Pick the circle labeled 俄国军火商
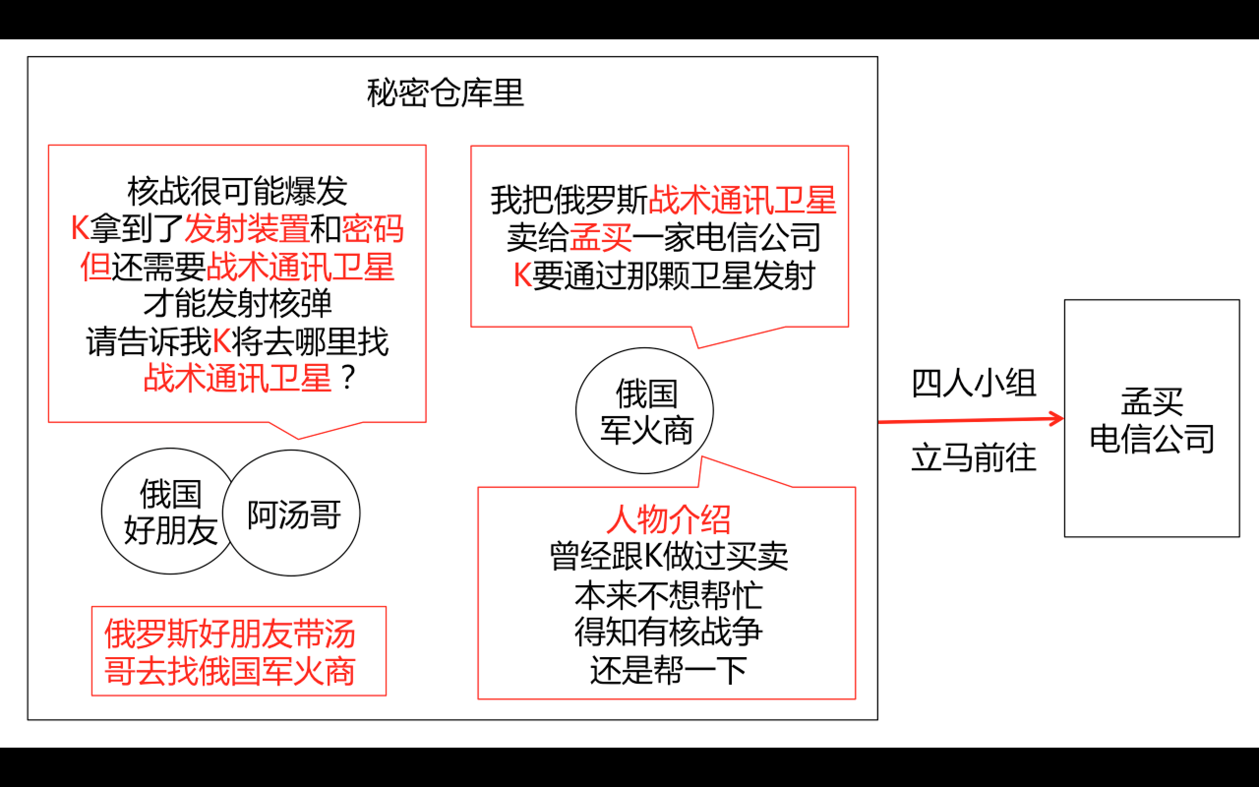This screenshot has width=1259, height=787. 645,411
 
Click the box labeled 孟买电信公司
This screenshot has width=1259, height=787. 1152,419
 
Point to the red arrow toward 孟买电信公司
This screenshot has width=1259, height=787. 971,420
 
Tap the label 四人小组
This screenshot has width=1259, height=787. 973,384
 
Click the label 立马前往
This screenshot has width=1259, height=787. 973,458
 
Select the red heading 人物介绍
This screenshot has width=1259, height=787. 668,519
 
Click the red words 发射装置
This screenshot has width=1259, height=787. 246,229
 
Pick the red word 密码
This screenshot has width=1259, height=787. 372,229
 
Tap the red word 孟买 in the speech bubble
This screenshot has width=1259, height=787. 601,238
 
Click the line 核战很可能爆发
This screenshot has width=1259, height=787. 237,191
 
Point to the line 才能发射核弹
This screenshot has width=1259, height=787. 237,304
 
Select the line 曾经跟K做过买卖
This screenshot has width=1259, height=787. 668,556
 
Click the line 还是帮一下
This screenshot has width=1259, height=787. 668,670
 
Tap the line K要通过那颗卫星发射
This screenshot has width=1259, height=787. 663,276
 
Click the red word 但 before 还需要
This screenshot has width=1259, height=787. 95,267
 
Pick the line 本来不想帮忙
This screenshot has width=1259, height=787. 668,595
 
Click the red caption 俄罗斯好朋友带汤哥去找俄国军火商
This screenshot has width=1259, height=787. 230,652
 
